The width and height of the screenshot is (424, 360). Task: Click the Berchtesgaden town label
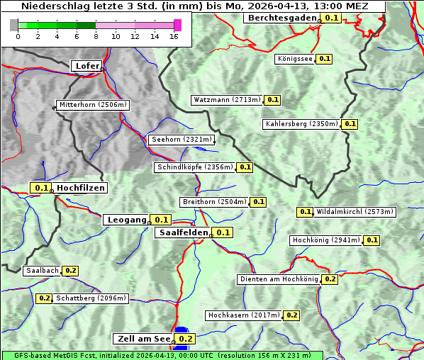click(x=281, y=18)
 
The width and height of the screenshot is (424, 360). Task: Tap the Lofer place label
click(x=87, y=66)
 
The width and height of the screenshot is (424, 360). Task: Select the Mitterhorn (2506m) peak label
click(x=93, y=105)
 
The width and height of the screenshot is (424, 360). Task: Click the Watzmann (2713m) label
click(x=226, y=100)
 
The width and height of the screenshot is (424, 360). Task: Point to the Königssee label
click(x=295, y=59)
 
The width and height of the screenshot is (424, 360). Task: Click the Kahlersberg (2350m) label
click(x=301, y=124)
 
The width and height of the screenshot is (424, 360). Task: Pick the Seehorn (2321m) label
click(x=181, y=140)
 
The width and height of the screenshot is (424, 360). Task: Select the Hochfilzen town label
click(x=81, y=188)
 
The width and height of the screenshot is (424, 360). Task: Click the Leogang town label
click(x=127, y=220)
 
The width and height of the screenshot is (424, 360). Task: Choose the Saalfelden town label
click(x=183, y=232)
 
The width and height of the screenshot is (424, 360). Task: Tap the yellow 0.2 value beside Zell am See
click(x=185, y=339)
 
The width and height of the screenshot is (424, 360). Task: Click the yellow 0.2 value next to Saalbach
click(x=70, y=271)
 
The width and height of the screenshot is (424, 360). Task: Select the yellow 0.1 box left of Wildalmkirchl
click(x=305, y=211)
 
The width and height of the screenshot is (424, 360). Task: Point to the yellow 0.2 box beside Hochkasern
click(x=291, y=315)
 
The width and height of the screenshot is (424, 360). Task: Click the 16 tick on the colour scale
click(x=174, y=36)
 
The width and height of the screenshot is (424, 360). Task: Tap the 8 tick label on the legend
click(x=96, y=36)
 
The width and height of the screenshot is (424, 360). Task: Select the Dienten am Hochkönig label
click(x=279, y=279)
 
